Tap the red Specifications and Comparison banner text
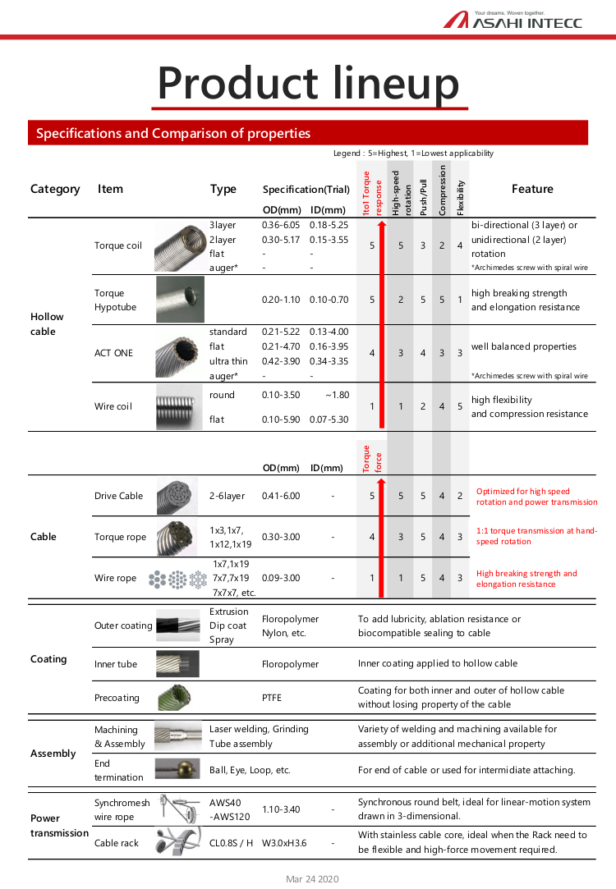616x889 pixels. coord(173,133)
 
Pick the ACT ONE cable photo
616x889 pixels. coord(180,353)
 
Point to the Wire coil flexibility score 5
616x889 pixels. coord(460,406)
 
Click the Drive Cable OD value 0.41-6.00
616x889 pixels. coord(281,496)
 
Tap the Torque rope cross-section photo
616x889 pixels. coord(177,537)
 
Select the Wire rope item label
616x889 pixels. coord(116,578)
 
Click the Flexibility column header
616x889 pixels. coord(461,198)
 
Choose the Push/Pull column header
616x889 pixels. coord(423,198)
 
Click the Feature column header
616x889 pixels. coord(532,189)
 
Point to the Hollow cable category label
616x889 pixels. coord(47,323)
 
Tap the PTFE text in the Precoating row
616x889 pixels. coord(272,698)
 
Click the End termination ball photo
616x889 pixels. coord(177,770)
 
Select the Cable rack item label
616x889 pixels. coord(117,842)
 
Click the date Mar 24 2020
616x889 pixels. coord(312,879)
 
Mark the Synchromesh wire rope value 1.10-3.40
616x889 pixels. coord(281,809)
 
